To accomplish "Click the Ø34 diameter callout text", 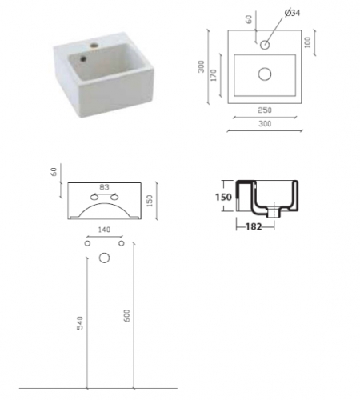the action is [x=292, y=13].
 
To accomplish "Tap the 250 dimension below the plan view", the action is [x=265, y=110].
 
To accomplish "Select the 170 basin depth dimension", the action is [x=214, y=75].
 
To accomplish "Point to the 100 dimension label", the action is [x=307, y=42].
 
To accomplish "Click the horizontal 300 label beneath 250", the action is [x=265, y=124].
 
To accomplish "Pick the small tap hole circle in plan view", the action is [x=265, y=45].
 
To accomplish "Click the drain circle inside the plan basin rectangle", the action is [x=265, y=74].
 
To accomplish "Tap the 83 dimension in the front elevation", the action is [x=104, y=187].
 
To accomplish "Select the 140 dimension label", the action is [x=104, y=230].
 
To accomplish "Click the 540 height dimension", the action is [x=80, y=323].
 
